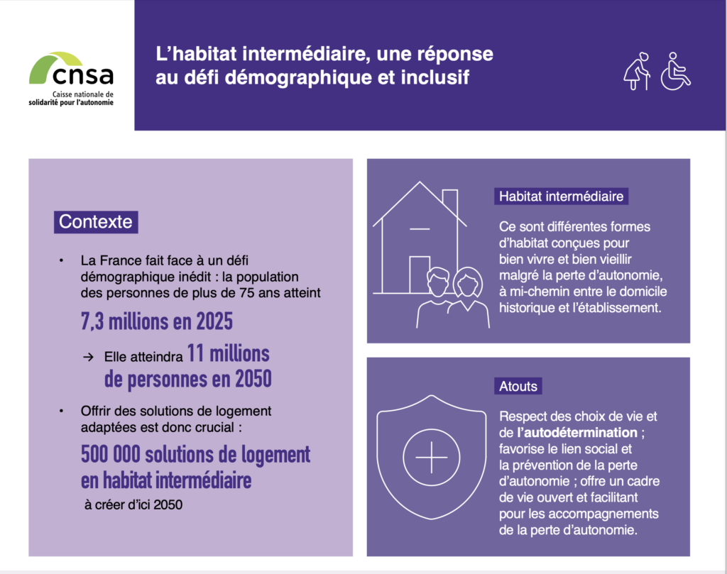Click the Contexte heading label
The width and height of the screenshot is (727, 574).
point(95,221)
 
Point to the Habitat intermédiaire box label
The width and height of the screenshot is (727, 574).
point(561,196)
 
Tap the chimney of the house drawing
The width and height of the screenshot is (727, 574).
point(449,201)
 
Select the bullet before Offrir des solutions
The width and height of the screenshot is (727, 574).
point(62,411)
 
